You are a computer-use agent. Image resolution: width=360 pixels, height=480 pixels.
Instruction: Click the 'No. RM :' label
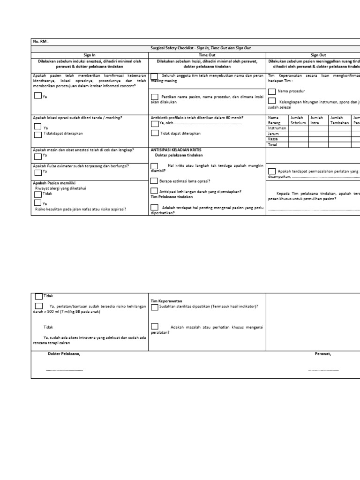pos(41,42)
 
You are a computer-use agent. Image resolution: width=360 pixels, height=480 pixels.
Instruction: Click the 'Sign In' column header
pos(90,55)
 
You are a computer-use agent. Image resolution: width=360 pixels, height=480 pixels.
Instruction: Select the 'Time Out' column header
pos(207,55)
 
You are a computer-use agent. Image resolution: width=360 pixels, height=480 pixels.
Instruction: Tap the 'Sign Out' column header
pos(318,55)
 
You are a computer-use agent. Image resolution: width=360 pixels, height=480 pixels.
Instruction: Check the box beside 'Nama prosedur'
pos(272,91)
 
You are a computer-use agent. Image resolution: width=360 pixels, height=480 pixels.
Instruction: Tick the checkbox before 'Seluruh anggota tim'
pos(154,76)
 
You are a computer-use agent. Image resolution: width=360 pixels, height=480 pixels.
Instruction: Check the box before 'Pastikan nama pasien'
pos(154,97)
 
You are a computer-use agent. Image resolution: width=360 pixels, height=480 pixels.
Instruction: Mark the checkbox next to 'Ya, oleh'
pos(154,124)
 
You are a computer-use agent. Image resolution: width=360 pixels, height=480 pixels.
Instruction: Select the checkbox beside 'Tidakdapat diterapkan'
pos(37,135)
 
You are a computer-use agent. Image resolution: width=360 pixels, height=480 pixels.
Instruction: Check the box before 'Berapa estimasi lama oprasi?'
pos(154,180)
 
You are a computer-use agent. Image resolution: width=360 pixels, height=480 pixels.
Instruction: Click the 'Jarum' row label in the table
pos(273,134)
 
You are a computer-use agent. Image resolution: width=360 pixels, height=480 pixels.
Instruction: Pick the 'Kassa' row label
pos(273,139)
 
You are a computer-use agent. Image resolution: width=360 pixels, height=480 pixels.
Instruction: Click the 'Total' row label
pos(272,145)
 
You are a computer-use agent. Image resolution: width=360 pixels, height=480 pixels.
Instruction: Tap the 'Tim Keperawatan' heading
pos(166,301)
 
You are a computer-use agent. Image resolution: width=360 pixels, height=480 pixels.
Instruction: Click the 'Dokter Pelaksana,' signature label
pos(64,354)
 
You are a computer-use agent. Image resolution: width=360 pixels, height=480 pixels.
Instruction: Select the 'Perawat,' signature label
pos(323,354)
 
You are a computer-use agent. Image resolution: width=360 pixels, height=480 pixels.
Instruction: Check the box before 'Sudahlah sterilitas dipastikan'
pos(154,307)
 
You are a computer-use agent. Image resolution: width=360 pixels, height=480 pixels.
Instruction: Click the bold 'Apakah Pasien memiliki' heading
pos(54,182)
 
